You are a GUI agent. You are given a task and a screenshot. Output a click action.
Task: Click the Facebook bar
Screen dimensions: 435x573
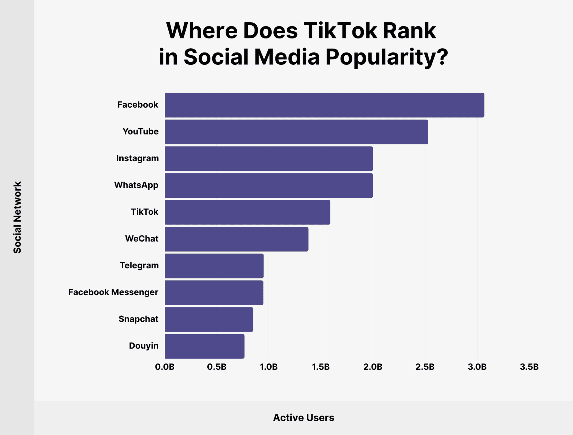tap(324, 105)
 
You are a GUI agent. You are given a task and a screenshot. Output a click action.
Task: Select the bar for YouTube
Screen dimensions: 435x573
tap(296, 132)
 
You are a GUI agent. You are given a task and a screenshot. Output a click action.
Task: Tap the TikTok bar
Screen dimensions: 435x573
tap(247, 212)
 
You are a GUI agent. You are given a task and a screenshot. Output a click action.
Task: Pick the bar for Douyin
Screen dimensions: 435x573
tap(204, 346)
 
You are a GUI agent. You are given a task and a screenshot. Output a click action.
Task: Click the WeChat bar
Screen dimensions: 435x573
tap(236, 239)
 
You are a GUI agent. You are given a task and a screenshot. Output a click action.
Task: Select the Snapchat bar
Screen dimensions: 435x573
tap(209, 319)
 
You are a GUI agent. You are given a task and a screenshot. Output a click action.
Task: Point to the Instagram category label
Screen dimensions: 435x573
tap(137, 158)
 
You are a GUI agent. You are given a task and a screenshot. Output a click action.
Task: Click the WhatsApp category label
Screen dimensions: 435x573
tap(136, 185)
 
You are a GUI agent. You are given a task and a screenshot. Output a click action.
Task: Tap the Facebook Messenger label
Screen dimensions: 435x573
tap(113, 292)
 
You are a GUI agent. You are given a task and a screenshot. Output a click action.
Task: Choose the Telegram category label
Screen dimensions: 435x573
tap(139, 265)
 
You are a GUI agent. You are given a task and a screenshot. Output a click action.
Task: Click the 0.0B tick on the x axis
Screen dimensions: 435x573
tap(165, 367)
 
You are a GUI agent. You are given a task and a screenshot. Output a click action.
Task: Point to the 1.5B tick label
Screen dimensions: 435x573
tap(321, 367)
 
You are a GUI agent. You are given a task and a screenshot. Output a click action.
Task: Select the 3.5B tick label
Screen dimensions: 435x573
tap(529, 367)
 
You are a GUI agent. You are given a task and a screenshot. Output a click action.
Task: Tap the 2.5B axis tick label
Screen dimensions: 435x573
tap(425, 367)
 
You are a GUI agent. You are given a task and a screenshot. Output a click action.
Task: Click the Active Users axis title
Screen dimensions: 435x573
tap(304, 417)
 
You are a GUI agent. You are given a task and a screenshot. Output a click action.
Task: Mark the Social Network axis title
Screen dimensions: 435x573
tap(17, 217)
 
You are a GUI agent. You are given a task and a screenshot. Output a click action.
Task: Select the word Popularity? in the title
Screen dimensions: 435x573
tap(387, 57)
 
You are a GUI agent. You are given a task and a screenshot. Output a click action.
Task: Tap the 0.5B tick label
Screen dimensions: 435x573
tap(217, 367)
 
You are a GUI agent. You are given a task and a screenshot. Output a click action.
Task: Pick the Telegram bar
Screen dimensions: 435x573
tap(214, 266)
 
